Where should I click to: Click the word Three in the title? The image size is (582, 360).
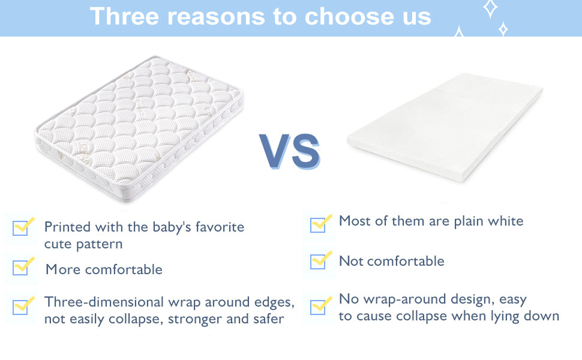click(x=124, y=16)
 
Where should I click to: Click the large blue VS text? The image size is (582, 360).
click(x=290, y=152)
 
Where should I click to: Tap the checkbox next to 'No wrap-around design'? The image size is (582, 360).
click(x=318, y=307)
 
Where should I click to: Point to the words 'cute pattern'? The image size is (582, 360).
click(x=83, y=244)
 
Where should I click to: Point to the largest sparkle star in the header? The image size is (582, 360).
click(x=490, y=8)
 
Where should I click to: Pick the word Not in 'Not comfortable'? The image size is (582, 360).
click(x=351, y=261)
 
